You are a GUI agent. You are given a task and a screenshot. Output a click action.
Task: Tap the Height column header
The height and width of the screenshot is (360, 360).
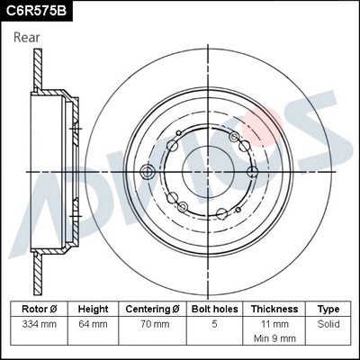coord(93,309)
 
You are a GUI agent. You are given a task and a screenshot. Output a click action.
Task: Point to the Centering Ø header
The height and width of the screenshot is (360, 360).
coord(155,309)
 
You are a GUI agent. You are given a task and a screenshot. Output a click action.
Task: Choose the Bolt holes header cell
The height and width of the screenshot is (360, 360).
coord(214,309)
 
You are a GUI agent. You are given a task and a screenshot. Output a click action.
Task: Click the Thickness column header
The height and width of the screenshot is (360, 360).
coord(274,309)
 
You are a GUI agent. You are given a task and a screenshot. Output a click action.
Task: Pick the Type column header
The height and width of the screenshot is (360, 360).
coord(328,309)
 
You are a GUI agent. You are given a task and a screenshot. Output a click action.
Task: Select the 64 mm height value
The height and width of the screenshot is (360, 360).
coord(93,323)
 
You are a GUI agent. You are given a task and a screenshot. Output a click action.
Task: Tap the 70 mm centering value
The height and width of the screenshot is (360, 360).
coord(155,323)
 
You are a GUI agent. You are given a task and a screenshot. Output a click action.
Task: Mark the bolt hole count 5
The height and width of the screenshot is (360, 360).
coord(214,323)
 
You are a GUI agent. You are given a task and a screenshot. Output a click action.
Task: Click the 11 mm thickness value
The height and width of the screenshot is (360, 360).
coord(274,323)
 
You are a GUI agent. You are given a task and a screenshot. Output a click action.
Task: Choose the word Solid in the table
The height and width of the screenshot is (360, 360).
coord(328,323)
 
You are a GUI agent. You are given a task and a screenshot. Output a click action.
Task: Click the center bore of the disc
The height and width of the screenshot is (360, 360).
coord(209,170)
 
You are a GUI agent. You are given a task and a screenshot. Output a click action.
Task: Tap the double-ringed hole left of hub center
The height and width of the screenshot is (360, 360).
coord(149,171)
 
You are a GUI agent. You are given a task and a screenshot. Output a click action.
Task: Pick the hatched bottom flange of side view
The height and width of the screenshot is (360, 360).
coord(39,270)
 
